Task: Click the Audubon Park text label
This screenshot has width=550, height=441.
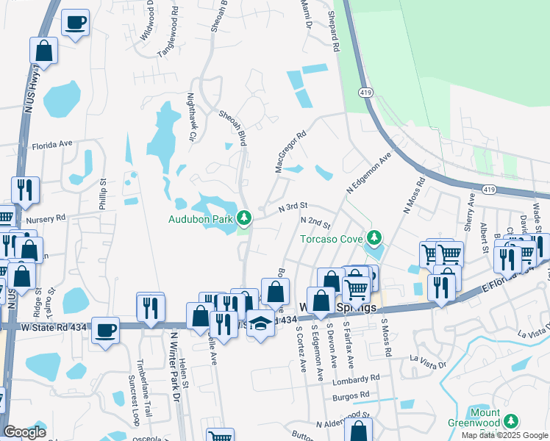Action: coord(201,218)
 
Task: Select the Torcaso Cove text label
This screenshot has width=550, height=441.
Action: coord(332,238)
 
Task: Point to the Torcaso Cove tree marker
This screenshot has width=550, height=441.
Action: coord(375,237)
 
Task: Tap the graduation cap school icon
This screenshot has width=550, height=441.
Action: coord(260,323)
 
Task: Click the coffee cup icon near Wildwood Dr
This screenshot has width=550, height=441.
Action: coord(75,23)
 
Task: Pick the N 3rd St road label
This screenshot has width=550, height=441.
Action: coord(291,209)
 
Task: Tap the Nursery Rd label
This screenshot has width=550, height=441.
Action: coord(46,218)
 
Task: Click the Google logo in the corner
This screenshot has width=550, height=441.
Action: coord(25,432)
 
